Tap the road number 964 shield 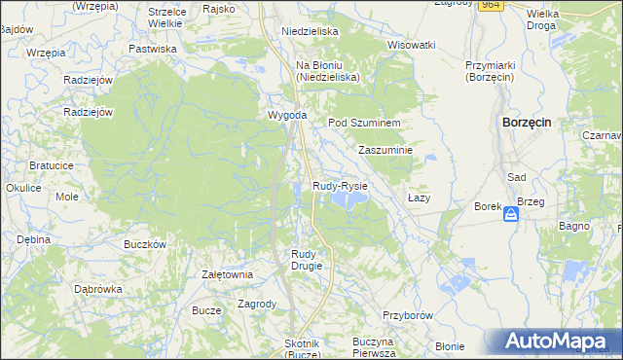point(491,5)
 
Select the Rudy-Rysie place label point(340,185)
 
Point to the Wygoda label point(288,116)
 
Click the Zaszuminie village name point(386,151)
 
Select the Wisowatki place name point(411,45)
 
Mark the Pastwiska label point(153,48)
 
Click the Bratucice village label point(52,165)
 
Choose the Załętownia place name point(227,274)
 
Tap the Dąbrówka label point(98,289)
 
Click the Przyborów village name point(407,316)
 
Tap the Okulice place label point(22,188)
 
